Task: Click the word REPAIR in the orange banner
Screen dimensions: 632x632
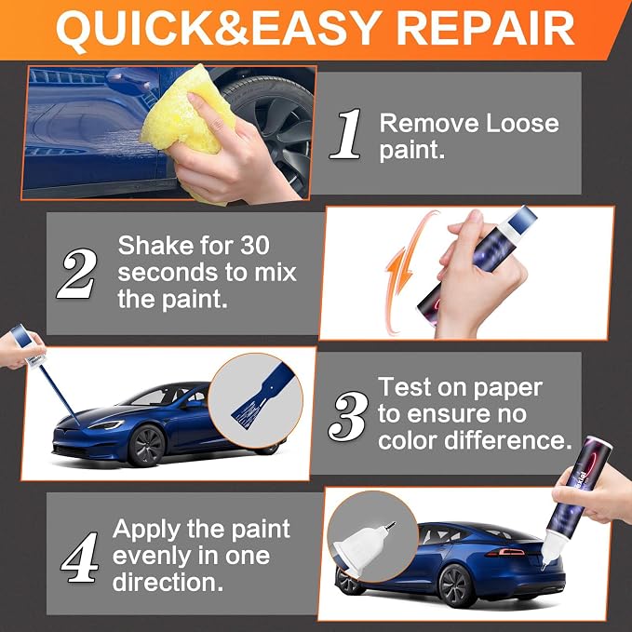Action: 485,28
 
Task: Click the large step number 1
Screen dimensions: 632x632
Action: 346,133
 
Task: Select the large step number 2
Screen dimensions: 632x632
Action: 77,273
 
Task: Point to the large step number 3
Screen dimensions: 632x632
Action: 347,416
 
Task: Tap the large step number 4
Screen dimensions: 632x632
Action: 80,557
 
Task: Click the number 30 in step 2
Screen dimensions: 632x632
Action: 255,245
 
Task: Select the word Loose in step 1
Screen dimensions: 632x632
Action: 522,124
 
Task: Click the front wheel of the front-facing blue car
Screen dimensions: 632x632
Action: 146,445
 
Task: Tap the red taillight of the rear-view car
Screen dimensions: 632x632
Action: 507,553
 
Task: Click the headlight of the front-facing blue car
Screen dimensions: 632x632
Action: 106,424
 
